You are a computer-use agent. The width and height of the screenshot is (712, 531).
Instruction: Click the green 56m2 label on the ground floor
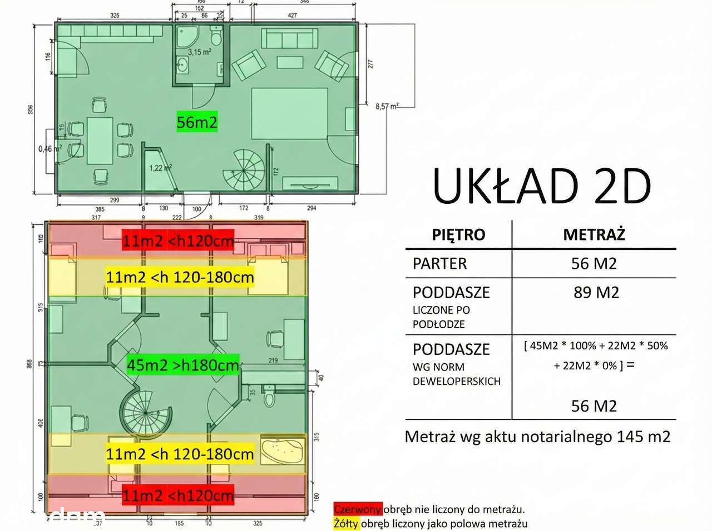click(196, 122)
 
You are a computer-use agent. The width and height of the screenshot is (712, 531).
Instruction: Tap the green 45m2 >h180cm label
click(183, 365)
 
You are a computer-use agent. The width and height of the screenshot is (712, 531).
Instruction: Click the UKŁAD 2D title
click(542, 187)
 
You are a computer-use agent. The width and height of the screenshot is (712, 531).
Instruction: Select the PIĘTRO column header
click(458, 234)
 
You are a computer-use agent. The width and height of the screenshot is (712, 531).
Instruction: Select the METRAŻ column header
click(594, 234)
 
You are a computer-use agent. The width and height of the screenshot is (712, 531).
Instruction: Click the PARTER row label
click(439, 263)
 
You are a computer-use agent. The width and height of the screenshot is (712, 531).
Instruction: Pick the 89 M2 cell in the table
click(596, 292)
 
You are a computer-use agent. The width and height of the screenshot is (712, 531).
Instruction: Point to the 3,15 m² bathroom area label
click(199, 52)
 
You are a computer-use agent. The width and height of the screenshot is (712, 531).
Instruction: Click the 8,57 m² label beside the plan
click(387, 106)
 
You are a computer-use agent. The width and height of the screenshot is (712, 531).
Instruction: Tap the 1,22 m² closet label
click(160, 168)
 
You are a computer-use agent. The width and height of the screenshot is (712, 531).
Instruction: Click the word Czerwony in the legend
click(358, 509)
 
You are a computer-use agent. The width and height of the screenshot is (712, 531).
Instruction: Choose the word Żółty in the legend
click(346, 523)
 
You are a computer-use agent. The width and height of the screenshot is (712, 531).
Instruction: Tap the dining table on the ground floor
click(100, 141)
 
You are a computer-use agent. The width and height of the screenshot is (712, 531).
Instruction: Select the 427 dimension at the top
click(292, 16)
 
